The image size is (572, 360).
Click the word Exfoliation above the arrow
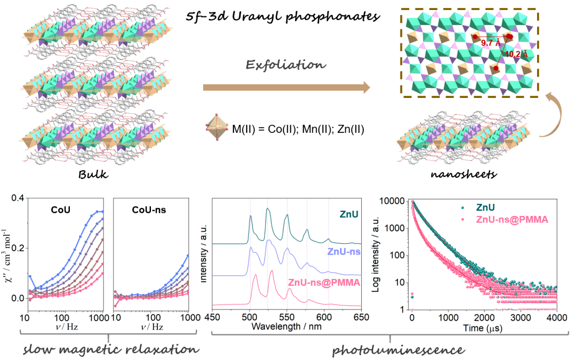point(285,65)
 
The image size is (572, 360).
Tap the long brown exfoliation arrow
point(286,87)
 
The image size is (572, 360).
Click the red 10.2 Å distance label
point(516,54)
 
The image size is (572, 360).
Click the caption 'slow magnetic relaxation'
point(109,349)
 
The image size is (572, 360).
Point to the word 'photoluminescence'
point(390,349)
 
